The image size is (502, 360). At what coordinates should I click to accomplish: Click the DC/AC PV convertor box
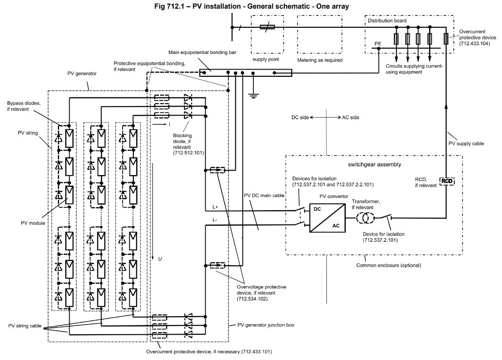pyautogui.click(x=327, y=218)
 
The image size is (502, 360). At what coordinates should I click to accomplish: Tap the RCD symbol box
pyautogui.click(x=447, y=181)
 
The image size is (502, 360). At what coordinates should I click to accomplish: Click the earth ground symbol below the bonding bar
pyautogui.click(x=253, y=94)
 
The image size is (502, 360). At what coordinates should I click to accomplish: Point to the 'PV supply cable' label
pyautogui.click(x=466, y=144)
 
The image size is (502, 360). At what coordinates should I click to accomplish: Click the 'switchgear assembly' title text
pyautogui.click(x=375, y=164)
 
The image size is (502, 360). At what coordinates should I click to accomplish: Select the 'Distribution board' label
pyautogui.click(x=387, y=21)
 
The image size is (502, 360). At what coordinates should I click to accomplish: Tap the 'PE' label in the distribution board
pyautogui.click(x=378, y=44)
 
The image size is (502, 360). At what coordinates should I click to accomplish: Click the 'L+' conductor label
pyautogui.click(x=215, y=207)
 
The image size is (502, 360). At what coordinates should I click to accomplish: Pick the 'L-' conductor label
pyautogui.click(x=215, y=220)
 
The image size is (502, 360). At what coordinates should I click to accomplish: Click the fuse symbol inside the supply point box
pyautogui.click(x=267, y=27)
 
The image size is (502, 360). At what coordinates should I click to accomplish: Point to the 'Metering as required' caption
pyautogui.click(x=320, y=60)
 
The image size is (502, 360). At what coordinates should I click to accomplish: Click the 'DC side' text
pyautogui.click(x=300, y=118)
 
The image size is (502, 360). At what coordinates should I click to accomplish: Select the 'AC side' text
pyautogui.click(x=351, y=118)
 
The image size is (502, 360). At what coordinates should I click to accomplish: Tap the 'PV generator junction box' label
pyautogui.click(x=266, y=325)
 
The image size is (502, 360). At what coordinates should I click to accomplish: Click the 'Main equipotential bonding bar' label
pyautogui.click(x=202, y=53)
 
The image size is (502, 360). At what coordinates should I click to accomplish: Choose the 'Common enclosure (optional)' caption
pyautogui.click(x=389, y=265)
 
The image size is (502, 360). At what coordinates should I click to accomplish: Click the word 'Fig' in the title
pyautogui.click(x=159, y=6)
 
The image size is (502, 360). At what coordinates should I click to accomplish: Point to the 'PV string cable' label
pyautogui.click(x=25, y=326)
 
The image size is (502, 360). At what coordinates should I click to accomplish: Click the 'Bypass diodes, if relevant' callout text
pyautogui.click(x=24, y=107)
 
